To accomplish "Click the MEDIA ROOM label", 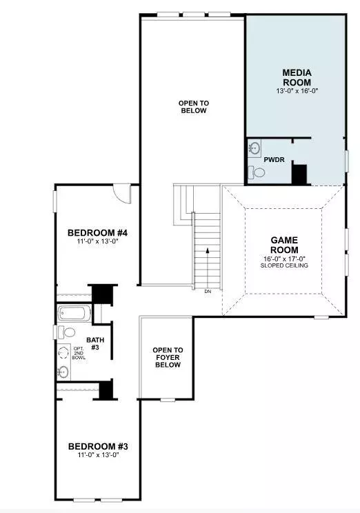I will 297,77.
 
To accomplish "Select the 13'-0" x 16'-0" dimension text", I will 297,90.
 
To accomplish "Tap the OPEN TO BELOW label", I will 194,106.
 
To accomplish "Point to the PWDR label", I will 274,159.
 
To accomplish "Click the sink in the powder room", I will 254,148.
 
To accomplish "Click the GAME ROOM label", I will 283,245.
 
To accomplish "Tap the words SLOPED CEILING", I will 283,265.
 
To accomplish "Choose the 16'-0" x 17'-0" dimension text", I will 283,258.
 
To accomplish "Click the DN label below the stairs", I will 208,292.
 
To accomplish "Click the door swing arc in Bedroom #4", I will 122,194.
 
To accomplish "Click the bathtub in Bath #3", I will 72,314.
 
